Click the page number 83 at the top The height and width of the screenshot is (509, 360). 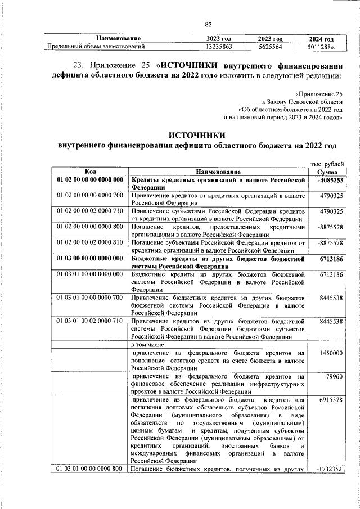(208, 24)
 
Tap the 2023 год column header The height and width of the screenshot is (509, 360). (269, 38)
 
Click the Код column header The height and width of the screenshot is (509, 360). (90, 171)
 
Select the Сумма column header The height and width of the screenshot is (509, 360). (327, 171)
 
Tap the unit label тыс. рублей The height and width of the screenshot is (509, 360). (327, 163)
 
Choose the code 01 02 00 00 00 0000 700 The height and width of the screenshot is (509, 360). (90, 195)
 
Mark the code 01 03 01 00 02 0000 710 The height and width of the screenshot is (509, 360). (90, 321)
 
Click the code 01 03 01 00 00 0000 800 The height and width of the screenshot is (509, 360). (90, 469)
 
